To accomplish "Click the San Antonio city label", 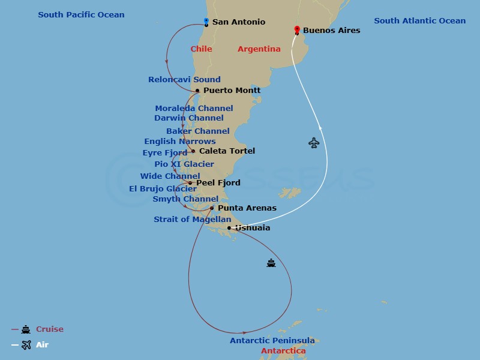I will click(239, 22).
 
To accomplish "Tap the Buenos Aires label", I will click(331, 30).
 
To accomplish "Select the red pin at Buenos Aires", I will click(297, 29).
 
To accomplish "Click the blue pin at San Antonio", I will click(206, 22).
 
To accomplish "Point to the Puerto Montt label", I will click(232, 91).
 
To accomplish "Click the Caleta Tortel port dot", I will click(193, 151).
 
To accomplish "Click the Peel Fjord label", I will click(218, 183).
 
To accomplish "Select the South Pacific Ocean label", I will click(81, 14).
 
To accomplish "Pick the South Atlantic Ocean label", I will click(419, 21).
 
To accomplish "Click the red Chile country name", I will click(201, 49).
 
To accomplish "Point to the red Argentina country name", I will click(259, 49).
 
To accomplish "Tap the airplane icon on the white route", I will click(314, 143).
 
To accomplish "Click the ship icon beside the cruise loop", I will click(271, 263).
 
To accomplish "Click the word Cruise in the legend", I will click(49, 329).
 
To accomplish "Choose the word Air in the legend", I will click(42, 345).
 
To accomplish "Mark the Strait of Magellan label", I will click(192, 220).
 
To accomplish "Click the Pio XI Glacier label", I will click(184, 164).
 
